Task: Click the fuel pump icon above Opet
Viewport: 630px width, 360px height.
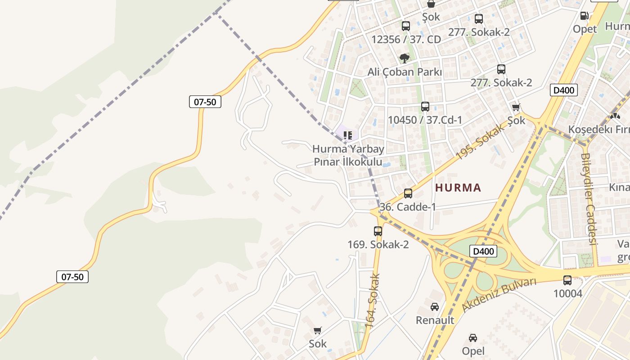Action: (x=585, y=16)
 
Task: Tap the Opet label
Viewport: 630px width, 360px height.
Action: (x=585, y=29)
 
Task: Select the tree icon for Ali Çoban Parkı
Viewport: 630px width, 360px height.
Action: (x=405, y=58)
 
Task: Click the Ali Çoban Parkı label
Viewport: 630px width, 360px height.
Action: (x=405, y=72)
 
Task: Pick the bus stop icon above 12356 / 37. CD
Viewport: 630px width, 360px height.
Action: (x=406, y=26)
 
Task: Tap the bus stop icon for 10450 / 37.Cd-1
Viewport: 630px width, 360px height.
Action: (x=425, y=107)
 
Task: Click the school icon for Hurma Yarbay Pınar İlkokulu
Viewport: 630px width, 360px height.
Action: (x=347, y=135)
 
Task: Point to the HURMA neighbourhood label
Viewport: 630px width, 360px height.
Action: (x=458, y=188)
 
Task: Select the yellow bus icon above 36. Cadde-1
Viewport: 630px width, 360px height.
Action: (x=408, y=193)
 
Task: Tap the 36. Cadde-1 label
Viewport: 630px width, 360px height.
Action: (x=408, y=207)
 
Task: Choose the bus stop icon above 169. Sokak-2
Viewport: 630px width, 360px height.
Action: (x=378, y=231)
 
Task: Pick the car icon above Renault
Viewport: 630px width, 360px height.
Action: (x=435, y=307)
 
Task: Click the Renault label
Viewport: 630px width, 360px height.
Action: (x=435, y=320)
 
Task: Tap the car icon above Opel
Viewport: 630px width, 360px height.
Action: (x=473, y=337)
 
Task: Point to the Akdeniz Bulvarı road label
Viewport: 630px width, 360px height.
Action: (x=499, y=295)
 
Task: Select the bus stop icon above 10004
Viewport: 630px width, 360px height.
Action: (x=567, y=280)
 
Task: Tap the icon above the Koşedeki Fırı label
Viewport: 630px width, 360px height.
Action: (x=615, y=116)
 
